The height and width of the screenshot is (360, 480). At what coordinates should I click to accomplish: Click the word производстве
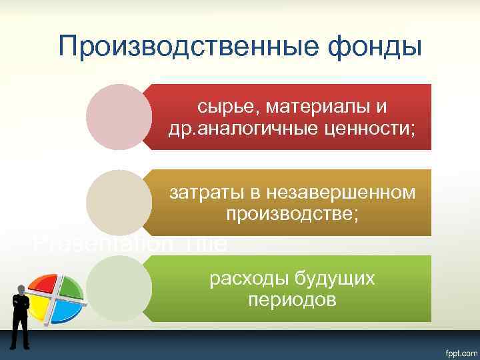coord(293,214)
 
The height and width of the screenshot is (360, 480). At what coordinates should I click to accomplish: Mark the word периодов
coord(292,299)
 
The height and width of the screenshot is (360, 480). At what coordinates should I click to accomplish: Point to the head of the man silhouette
coord(21,289)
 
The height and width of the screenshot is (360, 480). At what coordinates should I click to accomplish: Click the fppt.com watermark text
coord(457,351)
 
